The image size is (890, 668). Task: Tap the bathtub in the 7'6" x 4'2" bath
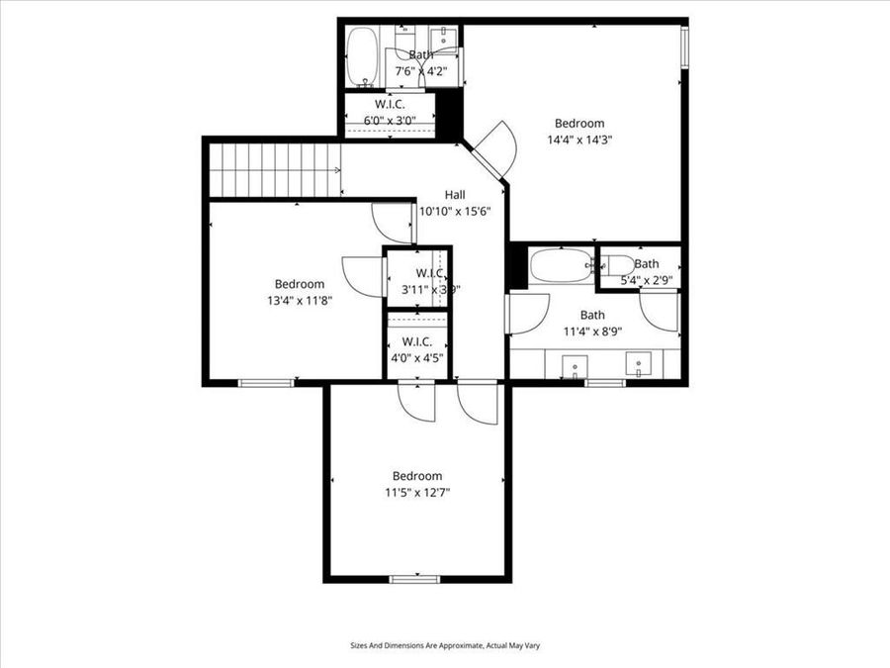(362, 57)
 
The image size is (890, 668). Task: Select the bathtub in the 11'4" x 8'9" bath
(560, 265)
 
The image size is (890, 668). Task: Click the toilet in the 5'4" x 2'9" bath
(617, 265)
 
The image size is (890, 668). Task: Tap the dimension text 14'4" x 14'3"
(579, 140)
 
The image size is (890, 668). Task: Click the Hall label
(455, 195)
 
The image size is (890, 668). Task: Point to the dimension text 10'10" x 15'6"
(455, 211)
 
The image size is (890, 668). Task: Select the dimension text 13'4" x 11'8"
(299, 301)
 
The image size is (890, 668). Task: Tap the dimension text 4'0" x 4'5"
(416, 358)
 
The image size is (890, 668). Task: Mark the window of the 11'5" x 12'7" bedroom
(413, 578)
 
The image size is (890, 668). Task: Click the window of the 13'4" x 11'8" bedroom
(266, 382)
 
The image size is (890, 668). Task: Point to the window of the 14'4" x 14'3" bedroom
(683, 47)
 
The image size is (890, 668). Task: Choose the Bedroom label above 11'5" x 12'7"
(416, 476)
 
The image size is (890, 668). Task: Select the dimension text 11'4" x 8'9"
(593, 332)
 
